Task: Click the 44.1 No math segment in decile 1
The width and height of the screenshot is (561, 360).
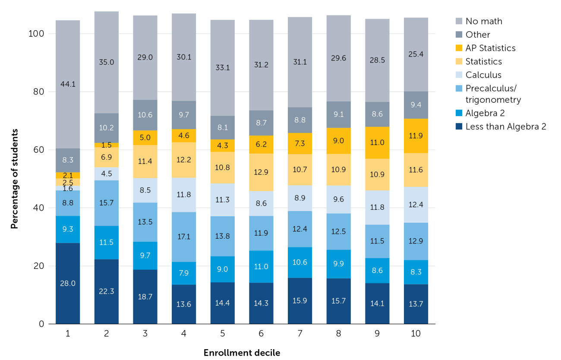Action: click(x=68, y=85)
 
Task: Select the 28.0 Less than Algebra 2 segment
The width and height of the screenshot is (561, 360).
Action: click(x=68, y=283)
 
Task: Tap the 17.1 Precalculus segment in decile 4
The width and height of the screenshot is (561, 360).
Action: click(x=184, y=237)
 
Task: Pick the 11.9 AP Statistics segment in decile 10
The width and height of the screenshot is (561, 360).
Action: click(x=416, y=136)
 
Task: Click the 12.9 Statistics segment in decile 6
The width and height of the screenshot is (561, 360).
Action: click(x=261, y=172)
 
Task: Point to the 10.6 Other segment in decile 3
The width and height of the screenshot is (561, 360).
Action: click(x=145, y=115)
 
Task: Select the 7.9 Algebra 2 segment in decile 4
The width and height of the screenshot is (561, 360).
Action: click(x=184, y=273)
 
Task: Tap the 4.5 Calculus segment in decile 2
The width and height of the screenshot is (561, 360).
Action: click(x=107, y=174)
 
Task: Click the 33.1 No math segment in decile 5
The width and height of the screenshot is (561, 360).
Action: click(x=223, y=68)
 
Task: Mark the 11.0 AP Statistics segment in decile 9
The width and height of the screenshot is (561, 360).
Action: click(x=378, y=143)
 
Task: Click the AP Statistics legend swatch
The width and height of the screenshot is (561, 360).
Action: click(x=459, y=48)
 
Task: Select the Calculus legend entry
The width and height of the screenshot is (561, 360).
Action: click(x=479, y=75)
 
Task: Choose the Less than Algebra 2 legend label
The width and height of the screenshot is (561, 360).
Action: click(x=506, y=126)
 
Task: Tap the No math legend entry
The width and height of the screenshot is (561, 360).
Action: click(x=479, y=21)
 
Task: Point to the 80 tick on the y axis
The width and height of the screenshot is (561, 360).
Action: click(x=38, y=92)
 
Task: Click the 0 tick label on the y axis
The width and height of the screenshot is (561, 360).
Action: click(x=41, y=324)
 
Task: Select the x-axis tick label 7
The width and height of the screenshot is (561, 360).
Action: click(x=300, y=333)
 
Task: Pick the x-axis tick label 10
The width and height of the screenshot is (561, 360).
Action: click(x=416, y=333)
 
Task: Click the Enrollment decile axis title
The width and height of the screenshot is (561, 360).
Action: click(x=242, y=353)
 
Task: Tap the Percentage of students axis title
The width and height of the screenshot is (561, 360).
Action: click(x=15, y=179)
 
